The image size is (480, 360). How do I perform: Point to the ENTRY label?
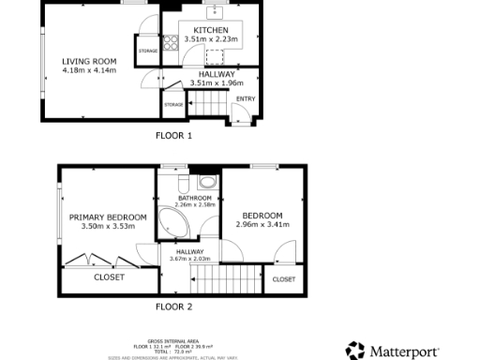pyautogui.click(x=246, y=98)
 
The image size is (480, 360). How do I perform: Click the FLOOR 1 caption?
pyautogui.click(x=173, y=135)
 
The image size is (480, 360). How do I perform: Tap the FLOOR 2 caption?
pyautogui.click(x=173, y=307)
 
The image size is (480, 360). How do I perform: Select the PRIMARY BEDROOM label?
pyautogui.click(x=108, y=217)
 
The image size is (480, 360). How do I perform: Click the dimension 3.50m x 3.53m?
pyautogui.click(x=108, y=226)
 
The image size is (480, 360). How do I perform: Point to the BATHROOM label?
pyautogui.click(x=195, y=198)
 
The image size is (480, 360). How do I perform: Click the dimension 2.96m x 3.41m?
pyautogui.click(x=260, y=224)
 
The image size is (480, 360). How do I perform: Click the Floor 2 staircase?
pyautogui.click(x=228, y=277)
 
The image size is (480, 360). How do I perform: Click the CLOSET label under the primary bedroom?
pyautogui.click(x=109, y=277)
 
